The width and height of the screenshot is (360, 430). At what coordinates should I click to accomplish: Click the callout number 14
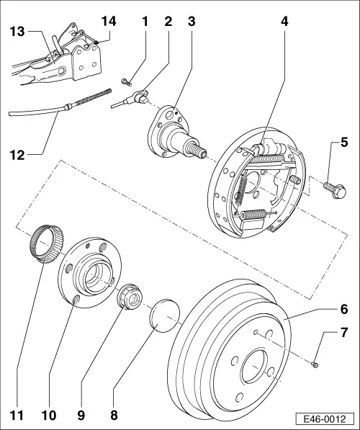click(109, 21)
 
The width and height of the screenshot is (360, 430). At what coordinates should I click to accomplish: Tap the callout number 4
click(284, 21)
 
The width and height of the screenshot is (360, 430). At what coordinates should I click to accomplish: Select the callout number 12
click(17, 155)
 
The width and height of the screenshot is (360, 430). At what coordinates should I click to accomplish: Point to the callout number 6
click(344, 309)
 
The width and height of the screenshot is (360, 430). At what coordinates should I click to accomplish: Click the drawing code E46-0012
click(325, 419)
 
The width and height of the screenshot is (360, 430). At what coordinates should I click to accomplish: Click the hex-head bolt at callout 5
click(335, 189)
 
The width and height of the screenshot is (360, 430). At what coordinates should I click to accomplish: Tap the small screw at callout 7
click(315, 364)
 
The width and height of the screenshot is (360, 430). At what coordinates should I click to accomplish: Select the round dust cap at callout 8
click(164, 315)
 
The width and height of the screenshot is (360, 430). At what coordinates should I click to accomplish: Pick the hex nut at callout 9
click(130, 297)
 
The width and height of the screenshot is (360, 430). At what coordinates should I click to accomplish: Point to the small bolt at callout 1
click(127, 81)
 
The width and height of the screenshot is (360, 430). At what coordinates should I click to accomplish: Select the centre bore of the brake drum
click(254, 367)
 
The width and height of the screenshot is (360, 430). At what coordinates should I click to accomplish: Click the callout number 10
click(49, 415)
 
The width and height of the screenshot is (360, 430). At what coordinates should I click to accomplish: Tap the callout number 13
click(17, 32)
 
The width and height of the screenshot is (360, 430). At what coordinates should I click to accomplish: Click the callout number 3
click(192, 21)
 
